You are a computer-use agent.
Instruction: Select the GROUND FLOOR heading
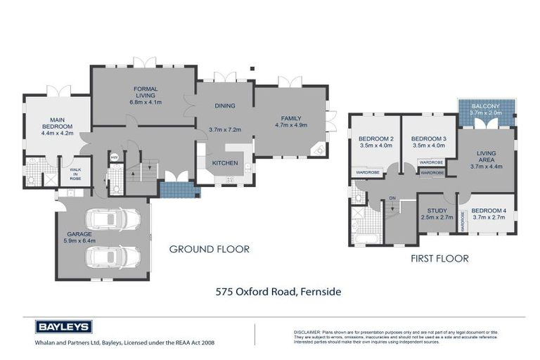point(210,249)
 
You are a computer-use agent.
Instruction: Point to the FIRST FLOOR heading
point(439,259)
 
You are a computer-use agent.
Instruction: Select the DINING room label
point(224,106)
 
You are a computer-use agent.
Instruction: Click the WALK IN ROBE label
point(75,174)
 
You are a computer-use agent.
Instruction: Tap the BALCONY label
point(486,105)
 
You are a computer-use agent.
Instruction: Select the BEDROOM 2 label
point(375,139)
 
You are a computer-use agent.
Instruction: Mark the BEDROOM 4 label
point(487,211)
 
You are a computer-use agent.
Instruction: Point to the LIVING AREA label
point(486,157)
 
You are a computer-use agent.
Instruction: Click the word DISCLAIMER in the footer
point(307,330)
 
